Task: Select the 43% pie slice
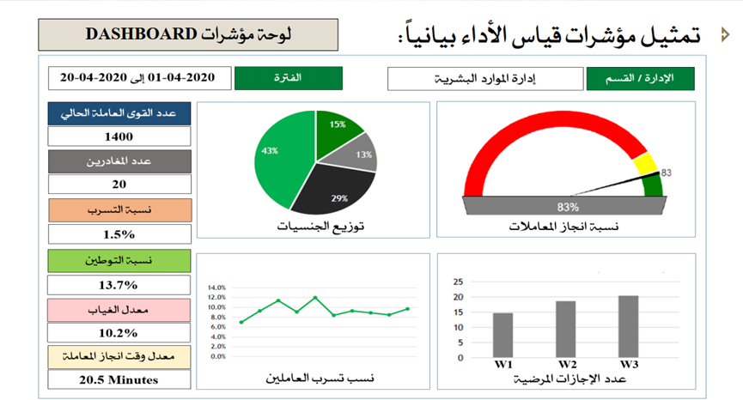(x=277, y=159)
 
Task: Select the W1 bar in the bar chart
(x=502, y=336)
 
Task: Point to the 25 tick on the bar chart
(x=458, y=281)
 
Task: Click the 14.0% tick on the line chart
(x=217, y=288)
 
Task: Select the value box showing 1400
(x=119, y=136)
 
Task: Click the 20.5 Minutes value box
(x=119, y=379)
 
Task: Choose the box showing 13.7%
(x=119, y=284)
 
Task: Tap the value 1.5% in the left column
(x=119, y=233)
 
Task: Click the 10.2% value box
(x=119, y=332)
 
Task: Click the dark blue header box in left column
(x=119, y=113)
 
